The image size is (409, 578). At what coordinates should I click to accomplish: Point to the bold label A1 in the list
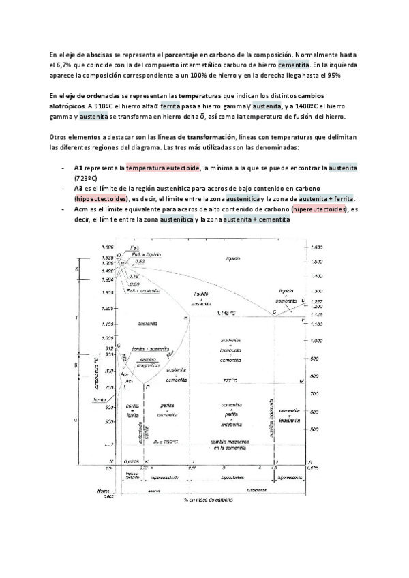(x=78, y=167)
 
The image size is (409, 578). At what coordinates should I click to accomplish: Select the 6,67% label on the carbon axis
(x=315, y=468)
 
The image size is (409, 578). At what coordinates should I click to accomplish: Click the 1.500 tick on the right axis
(x=316, y=261)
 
